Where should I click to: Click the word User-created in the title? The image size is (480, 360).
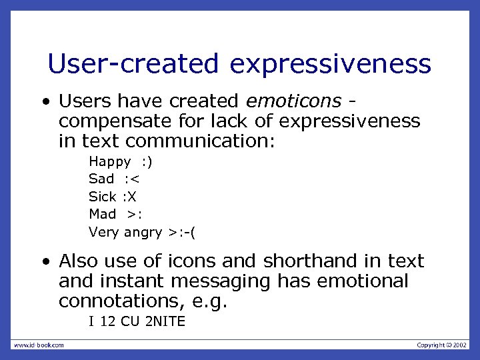(133, 64)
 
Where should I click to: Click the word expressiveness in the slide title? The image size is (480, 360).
(331, 64)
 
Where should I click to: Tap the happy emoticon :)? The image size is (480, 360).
(147, 161)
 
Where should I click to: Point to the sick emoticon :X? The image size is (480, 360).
(129, 197)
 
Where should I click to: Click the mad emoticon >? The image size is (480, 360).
(135, 214)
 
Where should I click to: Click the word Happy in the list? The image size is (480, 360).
(110, 161)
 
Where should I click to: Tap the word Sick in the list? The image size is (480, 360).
(102, 197)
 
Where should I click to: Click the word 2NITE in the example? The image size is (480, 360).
(165, 322)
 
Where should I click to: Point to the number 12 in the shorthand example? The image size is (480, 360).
(107, 322)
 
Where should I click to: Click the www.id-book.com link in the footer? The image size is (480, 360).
(39, 345)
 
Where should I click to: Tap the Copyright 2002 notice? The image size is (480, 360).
(442, 345)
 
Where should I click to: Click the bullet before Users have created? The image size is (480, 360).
(45, 102)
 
